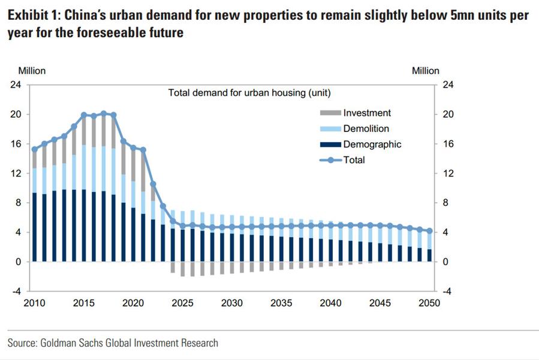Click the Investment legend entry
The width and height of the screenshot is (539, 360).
tap(367, 113)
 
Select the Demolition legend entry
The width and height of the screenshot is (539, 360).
tap(366, 128)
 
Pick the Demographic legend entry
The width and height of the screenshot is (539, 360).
tap(372, 144)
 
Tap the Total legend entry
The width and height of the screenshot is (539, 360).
tap(354, 160)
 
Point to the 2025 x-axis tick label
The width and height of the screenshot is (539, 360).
tap(183, 303)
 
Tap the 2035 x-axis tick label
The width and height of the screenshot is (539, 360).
tap(281, 303)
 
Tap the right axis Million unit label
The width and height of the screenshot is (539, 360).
tap(425, 71)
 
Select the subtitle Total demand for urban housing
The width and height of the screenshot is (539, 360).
tap(249, 93)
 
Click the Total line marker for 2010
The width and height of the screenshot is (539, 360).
tap(34, 149)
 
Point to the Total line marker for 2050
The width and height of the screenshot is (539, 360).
tap(429, 231)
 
